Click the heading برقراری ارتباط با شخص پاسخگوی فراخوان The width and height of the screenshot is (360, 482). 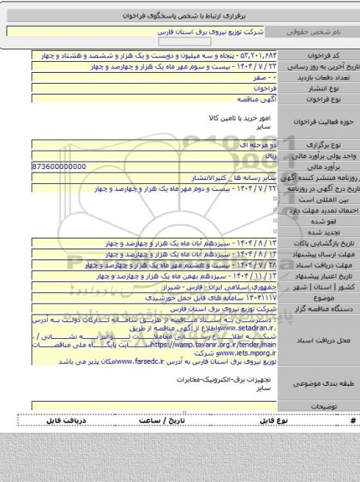180,16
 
